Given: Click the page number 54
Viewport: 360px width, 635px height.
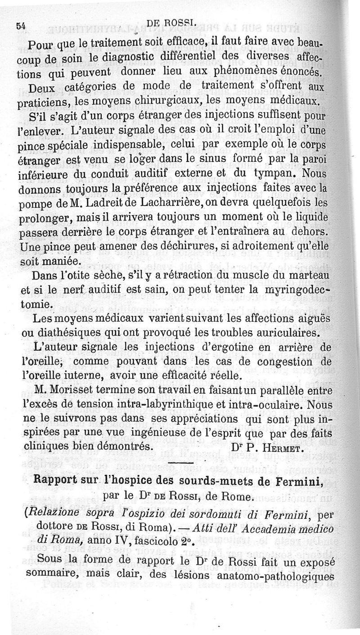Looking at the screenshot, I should point(20,27).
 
